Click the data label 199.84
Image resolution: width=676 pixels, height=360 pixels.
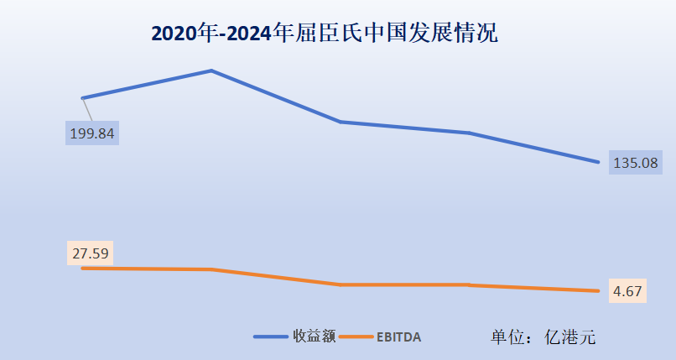[92, 133]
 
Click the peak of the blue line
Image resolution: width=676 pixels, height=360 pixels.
[211, 70]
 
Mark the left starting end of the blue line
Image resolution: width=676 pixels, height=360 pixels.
[82, 98]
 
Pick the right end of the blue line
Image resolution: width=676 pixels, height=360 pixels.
[598, 162]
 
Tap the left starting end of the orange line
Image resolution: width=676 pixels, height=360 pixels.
[82, 268]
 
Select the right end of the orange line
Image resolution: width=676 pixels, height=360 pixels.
[598, 291]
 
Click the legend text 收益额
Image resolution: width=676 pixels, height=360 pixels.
[315, 337]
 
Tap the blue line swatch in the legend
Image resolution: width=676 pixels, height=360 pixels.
[270, 337]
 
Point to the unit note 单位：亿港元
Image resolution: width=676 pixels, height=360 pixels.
[543, 337]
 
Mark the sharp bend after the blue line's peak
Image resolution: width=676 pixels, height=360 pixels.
[341, 122]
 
